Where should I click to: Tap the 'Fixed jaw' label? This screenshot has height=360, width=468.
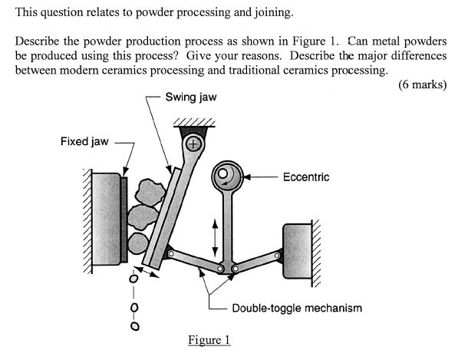point(84,142)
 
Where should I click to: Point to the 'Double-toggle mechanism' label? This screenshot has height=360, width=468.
point(296,308)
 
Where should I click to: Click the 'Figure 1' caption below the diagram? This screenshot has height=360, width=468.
point(209,339)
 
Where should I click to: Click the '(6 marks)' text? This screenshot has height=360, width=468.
point(423,85)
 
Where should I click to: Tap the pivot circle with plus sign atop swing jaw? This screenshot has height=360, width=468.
point(193,144)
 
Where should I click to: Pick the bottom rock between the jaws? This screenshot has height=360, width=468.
point(138,244)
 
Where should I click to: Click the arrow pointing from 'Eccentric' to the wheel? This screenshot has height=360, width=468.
point(261,177)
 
